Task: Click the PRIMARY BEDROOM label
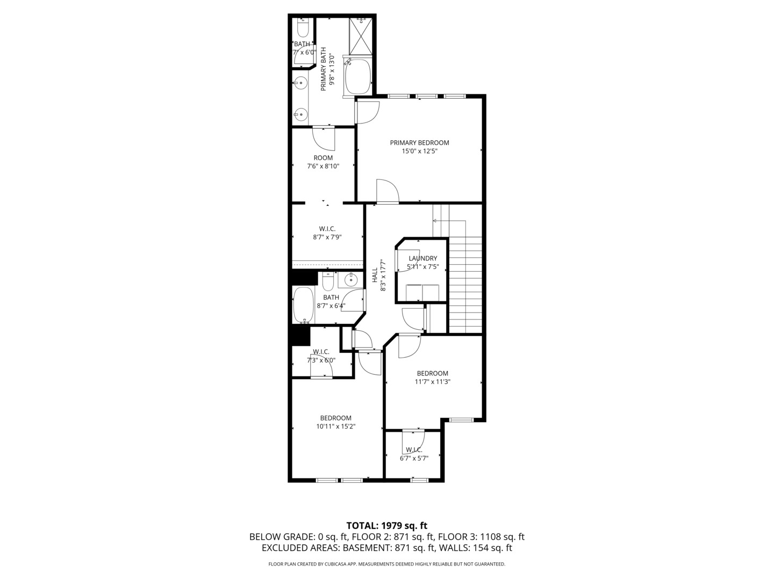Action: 419,143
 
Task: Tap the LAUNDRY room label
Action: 422,258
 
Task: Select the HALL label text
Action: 375,275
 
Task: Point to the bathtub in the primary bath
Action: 358,77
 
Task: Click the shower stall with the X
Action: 360,36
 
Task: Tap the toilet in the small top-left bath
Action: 303,27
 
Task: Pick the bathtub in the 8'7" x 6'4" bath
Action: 304,305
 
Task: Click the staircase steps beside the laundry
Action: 465,285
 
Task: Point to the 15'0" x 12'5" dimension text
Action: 419,151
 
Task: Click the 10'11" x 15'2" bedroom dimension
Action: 336,426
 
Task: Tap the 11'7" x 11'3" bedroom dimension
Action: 432,382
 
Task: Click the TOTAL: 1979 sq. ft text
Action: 386,525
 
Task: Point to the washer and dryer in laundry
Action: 422,293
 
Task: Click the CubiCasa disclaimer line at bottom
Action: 386,564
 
